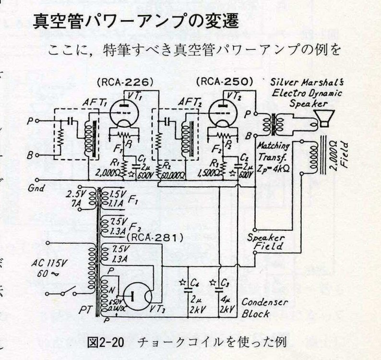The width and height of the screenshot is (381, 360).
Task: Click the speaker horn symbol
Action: [x=326, y=116]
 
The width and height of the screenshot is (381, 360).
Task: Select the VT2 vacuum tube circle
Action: [x=224, y=111]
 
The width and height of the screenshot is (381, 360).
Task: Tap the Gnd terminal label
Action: [x=36, y=188]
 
